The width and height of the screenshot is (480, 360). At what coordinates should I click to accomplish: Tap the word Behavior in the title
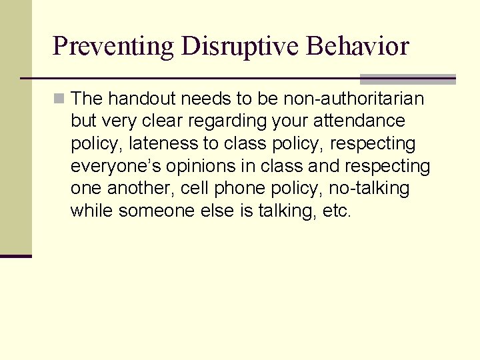[358, 47]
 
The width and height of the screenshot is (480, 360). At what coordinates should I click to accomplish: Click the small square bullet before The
[60, 99]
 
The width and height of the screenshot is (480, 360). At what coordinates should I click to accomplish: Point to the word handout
[138, 99]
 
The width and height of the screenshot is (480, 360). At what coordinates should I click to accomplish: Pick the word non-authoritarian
[354, 99]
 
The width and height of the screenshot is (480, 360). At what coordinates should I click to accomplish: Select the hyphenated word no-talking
[369, 189]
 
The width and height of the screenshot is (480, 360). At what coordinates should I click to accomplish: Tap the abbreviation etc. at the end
[335, 211]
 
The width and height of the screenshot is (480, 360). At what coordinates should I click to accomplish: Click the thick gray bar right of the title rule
[408, 79]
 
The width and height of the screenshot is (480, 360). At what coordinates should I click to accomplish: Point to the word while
[92, 211]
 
